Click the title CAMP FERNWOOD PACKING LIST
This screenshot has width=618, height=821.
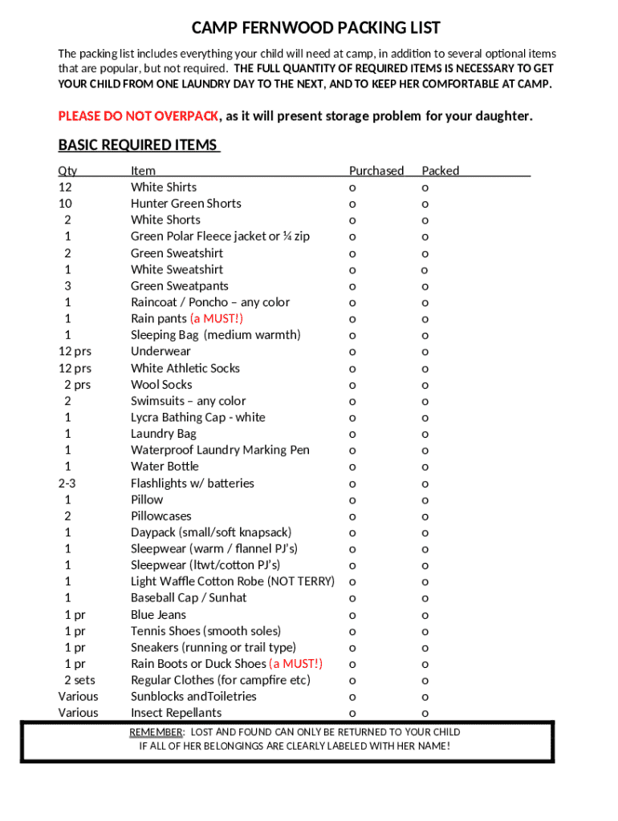tap(315, 28)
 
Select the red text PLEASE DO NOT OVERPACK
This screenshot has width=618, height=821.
tap(138, 116)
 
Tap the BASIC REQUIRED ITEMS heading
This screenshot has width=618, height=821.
tap(138, 145)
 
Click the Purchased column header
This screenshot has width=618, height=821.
tap(376, 171)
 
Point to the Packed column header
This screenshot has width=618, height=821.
tap(441, 171)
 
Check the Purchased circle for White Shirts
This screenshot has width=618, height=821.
tap(352, 188)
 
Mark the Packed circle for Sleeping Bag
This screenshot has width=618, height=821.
tap(425, 336)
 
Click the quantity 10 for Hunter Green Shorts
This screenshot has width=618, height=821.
tap(66, 204)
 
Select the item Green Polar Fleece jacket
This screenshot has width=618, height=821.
tap(220, 237)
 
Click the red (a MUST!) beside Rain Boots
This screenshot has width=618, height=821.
tap(296, 664)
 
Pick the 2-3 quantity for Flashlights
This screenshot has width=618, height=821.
tap(67, 483)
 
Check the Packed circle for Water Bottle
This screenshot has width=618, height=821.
tap(425, 467)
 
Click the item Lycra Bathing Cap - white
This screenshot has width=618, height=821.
tap(197, 418)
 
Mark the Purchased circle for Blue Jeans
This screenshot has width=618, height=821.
tap(352, 616)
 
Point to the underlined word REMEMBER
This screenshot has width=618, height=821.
tap(157, 732)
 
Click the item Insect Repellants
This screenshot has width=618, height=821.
tap(176, 713)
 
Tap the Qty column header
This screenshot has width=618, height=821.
tap(67, 171)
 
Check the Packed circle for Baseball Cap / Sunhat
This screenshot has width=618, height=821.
tap(425, 599)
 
